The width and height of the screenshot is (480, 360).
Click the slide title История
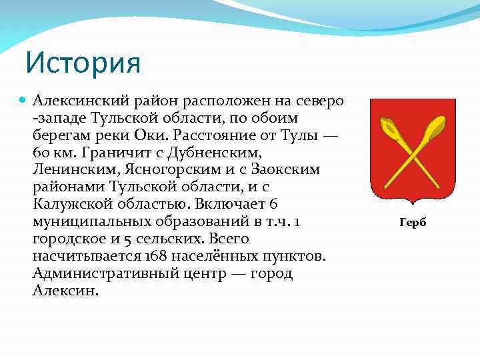[x=83, y=64]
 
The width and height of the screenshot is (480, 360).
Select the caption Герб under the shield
[x=412, y=223]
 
